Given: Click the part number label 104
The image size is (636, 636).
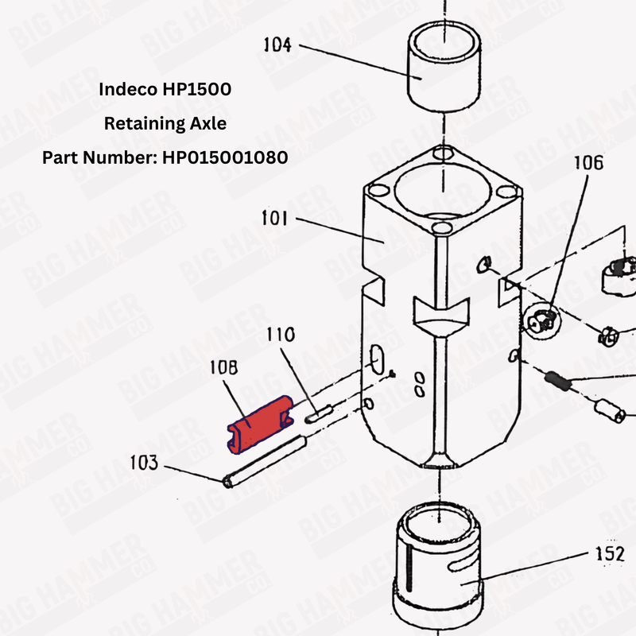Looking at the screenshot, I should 277,45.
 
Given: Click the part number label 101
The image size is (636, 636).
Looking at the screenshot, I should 275,218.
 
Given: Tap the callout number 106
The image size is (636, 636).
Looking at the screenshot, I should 588,164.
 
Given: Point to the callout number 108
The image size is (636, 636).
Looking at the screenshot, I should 225,368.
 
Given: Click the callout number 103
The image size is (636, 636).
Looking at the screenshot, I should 145,463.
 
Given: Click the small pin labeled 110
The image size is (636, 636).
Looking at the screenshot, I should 319,412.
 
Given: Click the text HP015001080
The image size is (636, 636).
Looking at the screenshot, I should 225,157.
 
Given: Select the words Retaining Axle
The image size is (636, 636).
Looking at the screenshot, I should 165,123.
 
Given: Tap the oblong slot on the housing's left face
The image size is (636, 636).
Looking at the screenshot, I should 375,359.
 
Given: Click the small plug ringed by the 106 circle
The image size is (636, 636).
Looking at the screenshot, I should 542,320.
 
